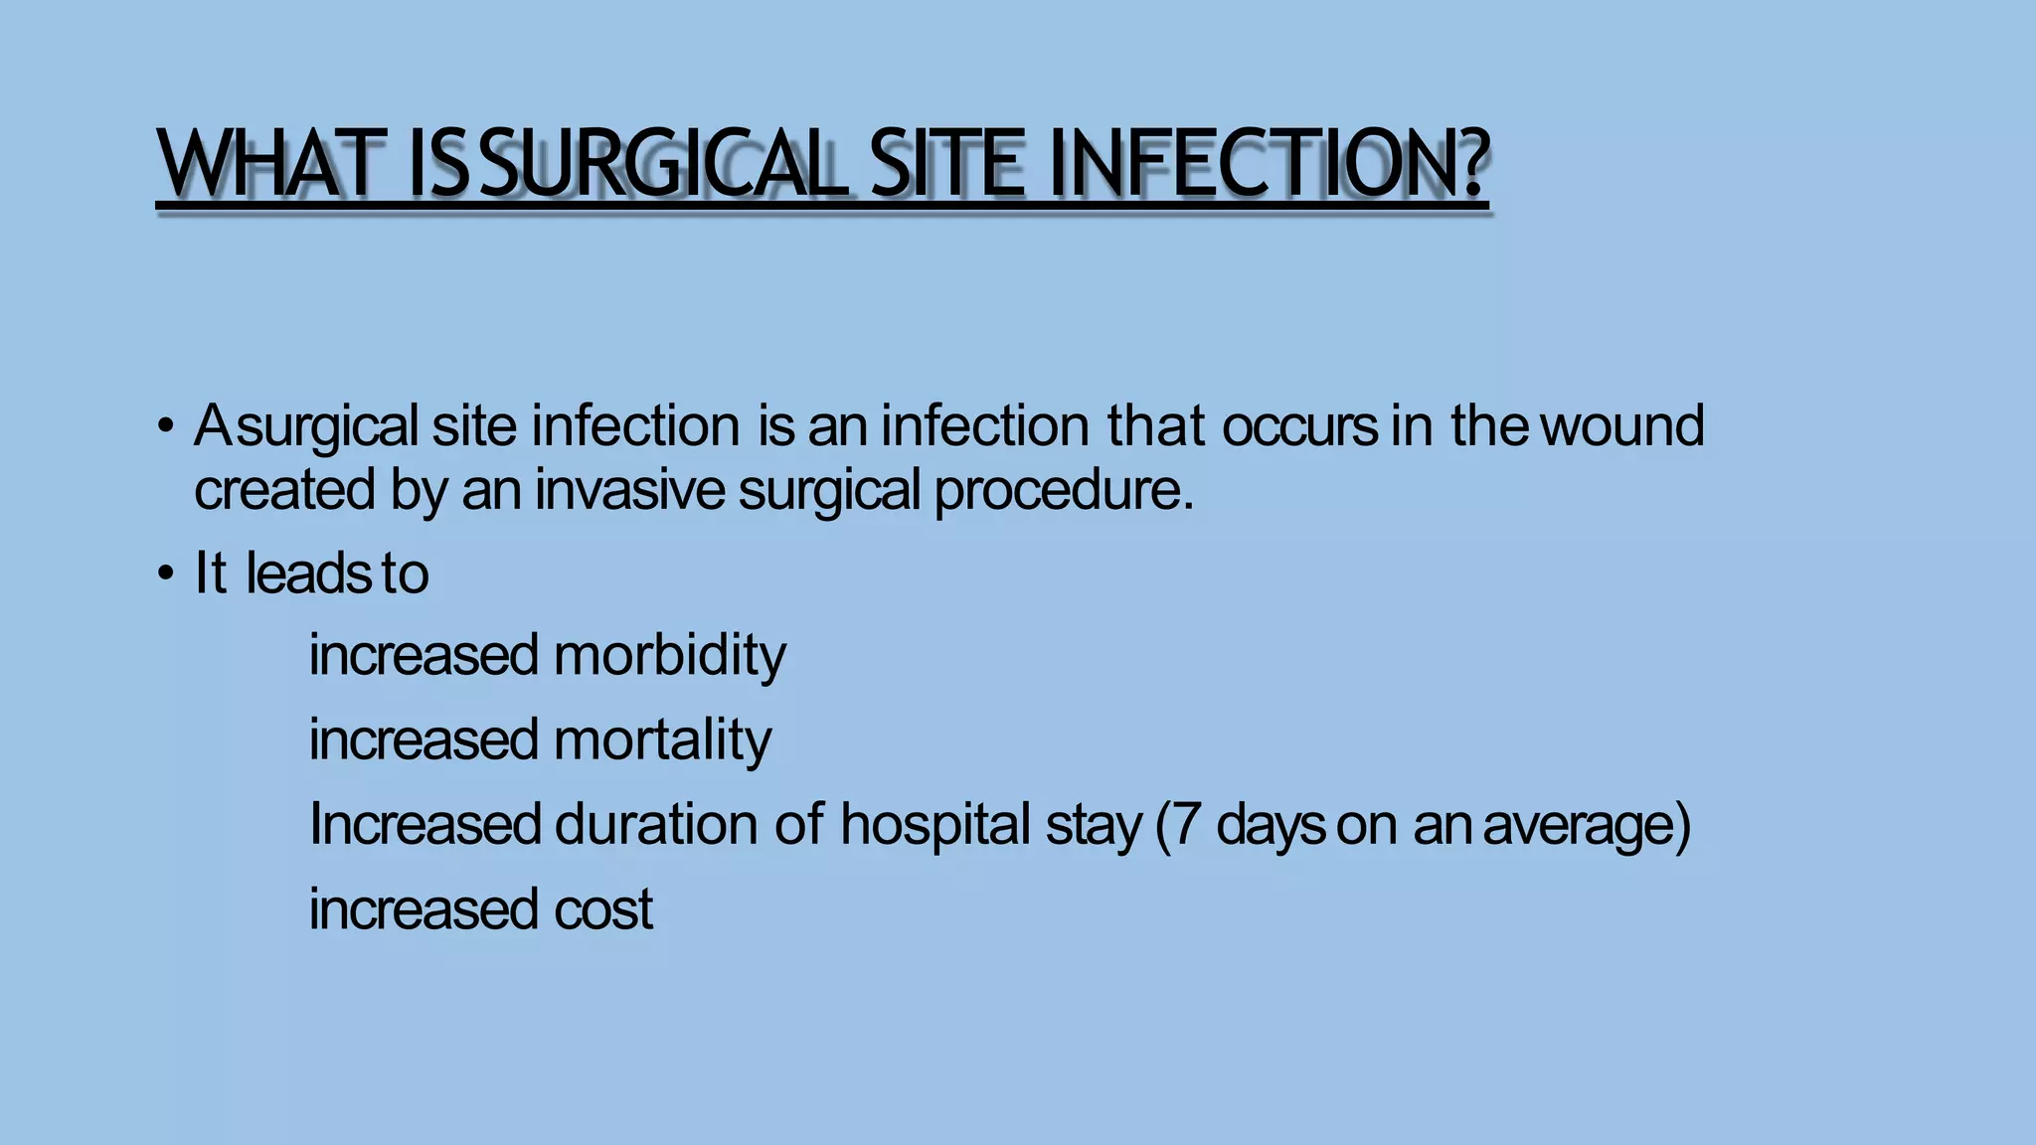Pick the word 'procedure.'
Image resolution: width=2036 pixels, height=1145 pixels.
tap(1064, 491)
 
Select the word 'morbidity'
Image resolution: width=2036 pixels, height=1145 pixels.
tap(669, 656)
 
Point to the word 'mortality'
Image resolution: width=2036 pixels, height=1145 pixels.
tap(662, 740)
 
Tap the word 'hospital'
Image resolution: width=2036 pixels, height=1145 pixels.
tap(934, 825)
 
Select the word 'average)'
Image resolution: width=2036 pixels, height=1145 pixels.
tap(1587, 825)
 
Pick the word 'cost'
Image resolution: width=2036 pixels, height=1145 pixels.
tap(603, 909)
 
